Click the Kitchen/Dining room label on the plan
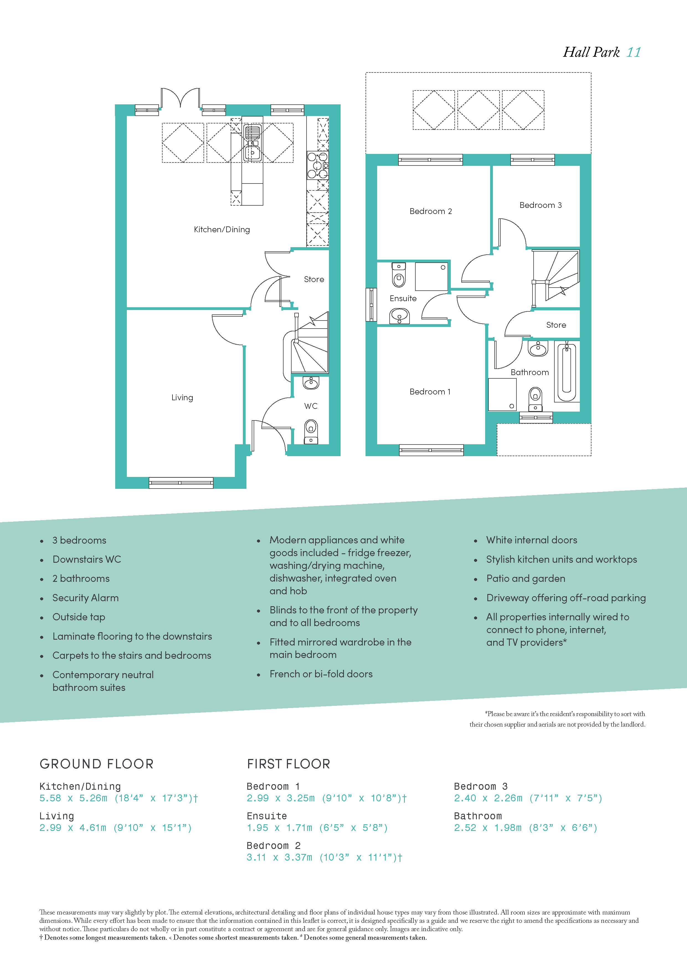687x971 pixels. pyautogui.click(x=222, y=230)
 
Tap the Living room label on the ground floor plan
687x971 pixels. pyautogui.click(x=182, y=397)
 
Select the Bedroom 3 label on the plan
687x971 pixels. pyautogui.click(x=541, y=205)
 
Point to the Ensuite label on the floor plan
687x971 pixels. pyautogui.click(x=403, y=299)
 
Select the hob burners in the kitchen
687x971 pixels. pyautogui.click(x=318, y=165)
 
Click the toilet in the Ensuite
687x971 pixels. pyautogui.click(x=398, y=275)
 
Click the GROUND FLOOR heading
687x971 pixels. pyautogui.click(x=96, y=764)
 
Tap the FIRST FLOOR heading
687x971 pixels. pyautogui.click(x=289, y=764)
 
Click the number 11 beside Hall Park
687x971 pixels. pyautogui.click(x=634, y=52)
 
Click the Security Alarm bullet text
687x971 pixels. pyautogui.click(x=86, y=598)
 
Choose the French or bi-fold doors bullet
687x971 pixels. pyautogui.click(x=321, y=674)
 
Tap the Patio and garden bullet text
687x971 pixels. pyautogui.click(x=526, y=579)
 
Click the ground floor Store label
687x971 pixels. pyautogui.click(x=314, y=280)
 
